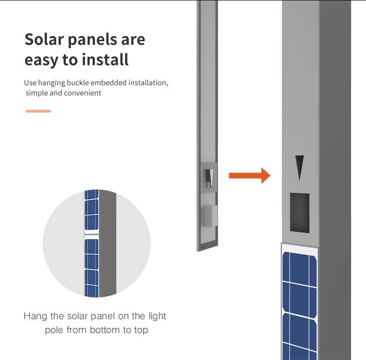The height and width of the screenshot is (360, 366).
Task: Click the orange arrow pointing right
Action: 249,176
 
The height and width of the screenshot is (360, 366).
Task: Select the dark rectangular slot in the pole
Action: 300,213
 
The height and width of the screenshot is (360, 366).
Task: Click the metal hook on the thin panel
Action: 209,178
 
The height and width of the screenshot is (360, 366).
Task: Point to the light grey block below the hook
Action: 211,216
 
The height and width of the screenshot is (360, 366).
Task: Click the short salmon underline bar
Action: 38,111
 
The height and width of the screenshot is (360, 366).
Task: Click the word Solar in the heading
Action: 44,39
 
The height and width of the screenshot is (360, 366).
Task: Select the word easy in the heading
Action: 41,61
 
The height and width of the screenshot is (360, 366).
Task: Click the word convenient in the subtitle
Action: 82,93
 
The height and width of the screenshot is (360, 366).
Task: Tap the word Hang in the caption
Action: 36,316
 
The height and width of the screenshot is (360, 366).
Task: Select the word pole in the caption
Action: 54,331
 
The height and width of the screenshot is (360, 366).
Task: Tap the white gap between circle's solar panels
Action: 91,234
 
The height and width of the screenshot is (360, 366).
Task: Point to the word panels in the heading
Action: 93,40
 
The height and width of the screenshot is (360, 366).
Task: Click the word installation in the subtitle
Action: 148,82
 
